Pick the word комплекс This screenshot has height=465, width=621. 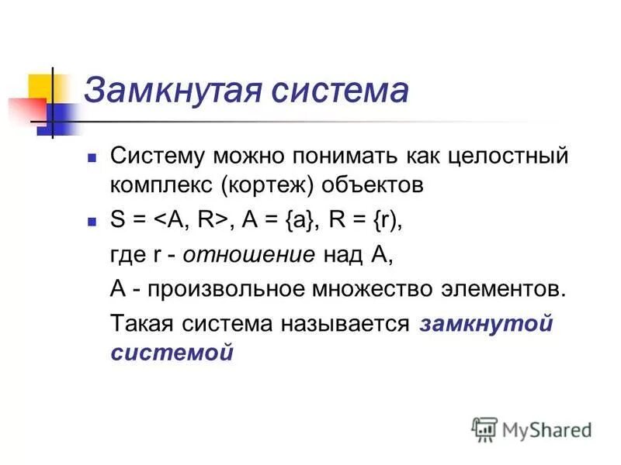click(x=163, y=186)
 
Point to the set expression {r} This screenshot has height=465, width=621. click(x=386, y=220)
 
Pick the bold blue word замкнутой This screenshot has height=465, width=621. click(x=485, y=322)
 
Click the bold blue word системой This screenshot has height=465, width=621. click(x=172, y=353)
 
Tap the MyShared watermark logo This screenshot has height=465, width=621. click(x=531, y=429)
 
